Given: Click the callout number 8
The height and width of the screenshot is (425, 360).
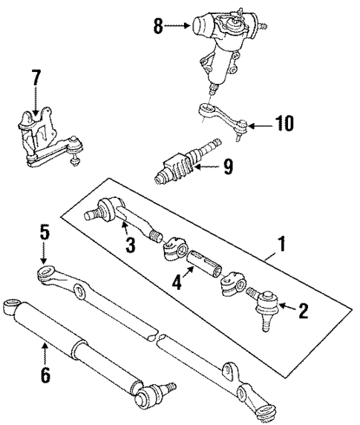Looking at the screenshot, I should click(x=158, y=27).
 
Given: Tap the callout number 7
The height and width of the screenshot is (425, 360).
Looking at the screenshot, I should click(x=35, y=78).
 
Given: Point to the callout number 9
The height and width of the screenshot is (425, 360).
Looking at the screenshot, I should click(x=227, y=168).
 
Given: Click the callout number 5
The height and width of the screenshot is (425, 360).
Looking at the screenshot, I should click(x=44, y=233).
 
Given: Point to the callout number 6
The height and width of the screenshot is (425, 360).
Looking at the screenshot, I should click(x=45, y=375).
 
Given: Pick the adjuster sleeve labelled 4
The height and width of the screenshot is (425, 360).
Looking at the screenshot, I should click(x=202, y=264).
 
